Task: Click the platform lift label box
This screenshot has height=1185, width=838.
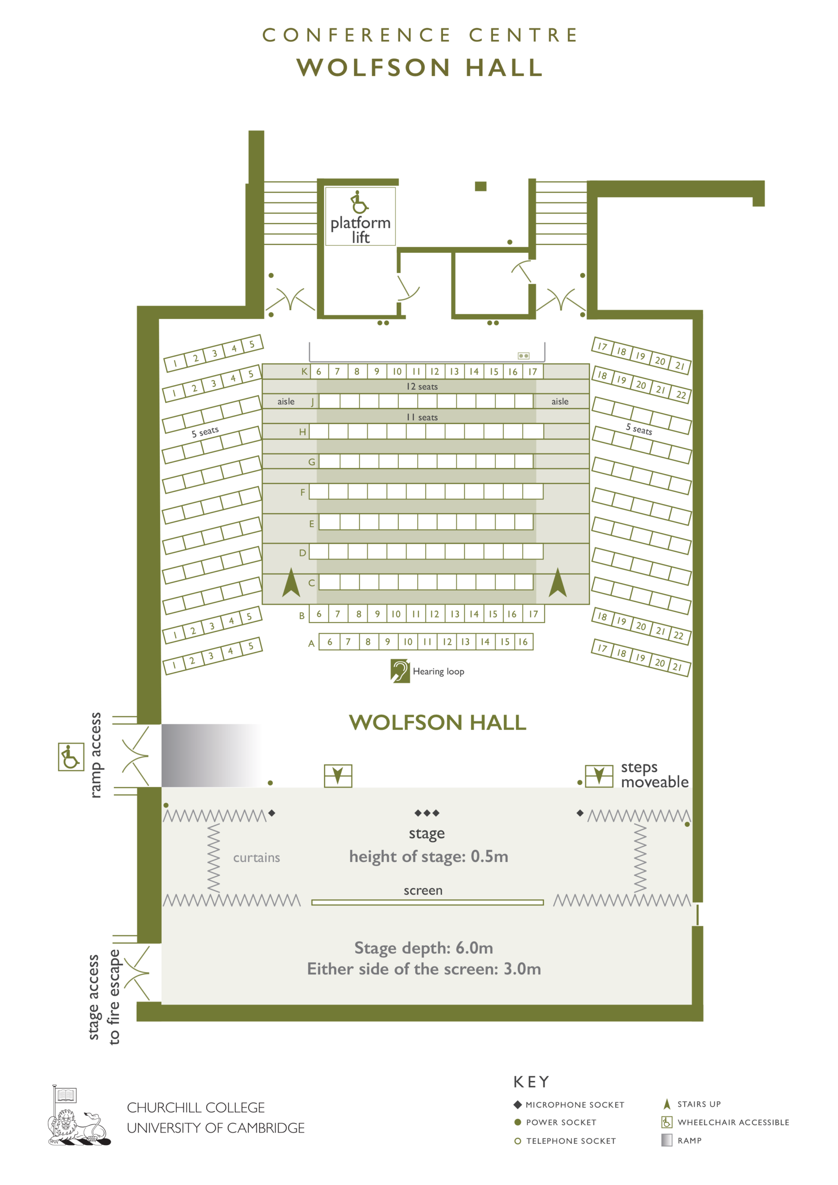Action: pyautogui.click(x=360, y=216)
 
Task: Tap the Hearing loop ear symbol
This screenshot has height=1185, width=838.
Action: pyautogui.click(x=400, y=670)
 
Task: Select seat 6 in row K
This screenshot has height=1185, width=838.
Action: pyautogui.click(x=319, y=371)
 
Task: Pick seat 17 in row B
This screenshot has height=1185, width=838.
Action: pyautogui.click(x=533, y=614)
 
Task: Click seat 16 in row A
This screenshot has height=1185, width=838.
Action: pyautogui.click(x=523, y=642)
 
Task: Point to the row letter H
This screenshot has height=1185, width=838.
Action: pyautogui.click(x=303, y=432)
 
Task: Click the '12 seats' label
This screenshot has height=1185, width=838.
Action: pyautogui.click(x=422, y=387)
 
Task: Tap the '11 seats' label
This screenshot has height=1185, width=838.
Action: pyautogui.click(x=422, y=417)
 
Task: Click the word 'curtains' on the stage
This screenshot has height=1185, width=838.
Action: pyautogui.click(x=256, y=858)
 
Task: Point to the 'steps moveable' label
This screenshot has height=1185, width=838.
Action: pyautogui.click(x=654, y=775)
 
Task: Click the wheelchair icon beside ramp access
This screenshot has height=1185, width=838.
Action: pyautogui.click(x=71, y=757)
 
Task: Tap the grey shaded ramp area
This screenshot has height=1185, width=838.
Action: pyautogui.click(x=212, y=755)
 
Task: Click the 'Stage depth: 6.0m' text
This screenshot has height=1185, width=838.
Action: pyautogui.click(x=423, y=948)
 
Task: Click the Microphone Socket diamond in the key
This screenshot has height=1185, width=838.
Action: pyautogui.click(x=517, y=1104)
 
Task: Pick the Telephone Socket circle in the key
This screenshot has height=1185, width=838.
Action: pyautogui.click(x=517, y=1141)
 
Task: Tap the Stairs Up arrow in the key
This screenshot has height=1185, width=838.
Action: pyautogui.click(x=667, y=1104)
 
